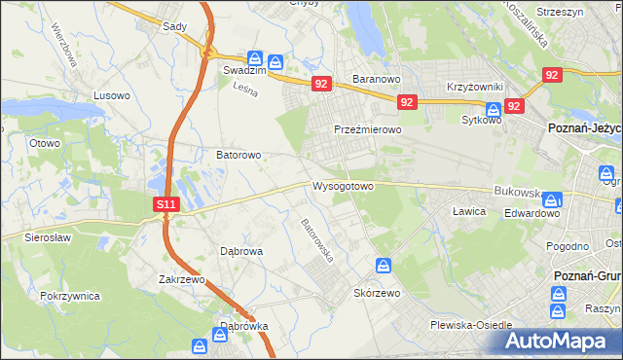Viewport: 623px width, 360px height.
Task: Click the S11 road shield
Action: click(x=166, y=204)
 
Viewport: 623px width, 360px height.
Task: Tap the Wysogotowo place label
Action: click(x=343, y=185)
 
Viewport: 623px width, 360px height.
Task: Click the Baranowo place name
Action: click(x=377, y=79)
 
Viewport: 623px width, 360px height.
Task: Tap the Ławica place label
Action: click(x=468, y=210)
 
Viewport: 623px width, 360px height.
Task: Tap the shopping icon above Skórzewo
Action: click(x=385, y=266)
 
